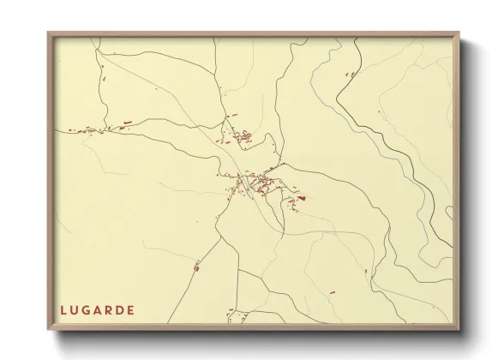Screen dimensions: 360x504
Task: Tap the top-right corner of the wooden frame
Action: tap(459, 33)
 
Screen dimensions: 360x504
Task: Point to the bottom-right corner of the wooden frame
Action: tap(459, 330)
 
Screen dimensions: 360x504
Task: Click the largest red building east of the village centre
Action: tap(301, 198)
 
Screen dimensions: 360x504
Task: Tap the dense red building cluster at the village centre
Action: tap(254, 183)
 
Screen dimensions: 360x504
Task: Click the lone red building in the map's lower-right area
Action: tap(366, 272)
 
